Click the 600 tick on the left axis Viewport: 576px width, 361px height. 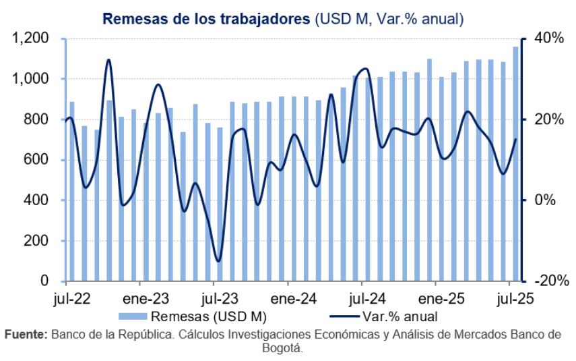(x=40, y=160)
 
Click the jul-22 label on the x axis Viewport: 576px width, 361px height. (x=70, y=298)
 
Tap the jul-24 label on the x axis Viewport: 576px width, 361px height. (x=367, y=298)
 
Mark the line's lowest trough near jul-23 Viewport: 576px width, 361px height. (x=218, y=260)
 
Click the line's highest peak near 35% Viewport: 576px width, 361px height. (x=108, y=60)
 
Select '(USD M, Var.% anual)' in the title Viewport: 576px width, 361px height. (x=389, y=18)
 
